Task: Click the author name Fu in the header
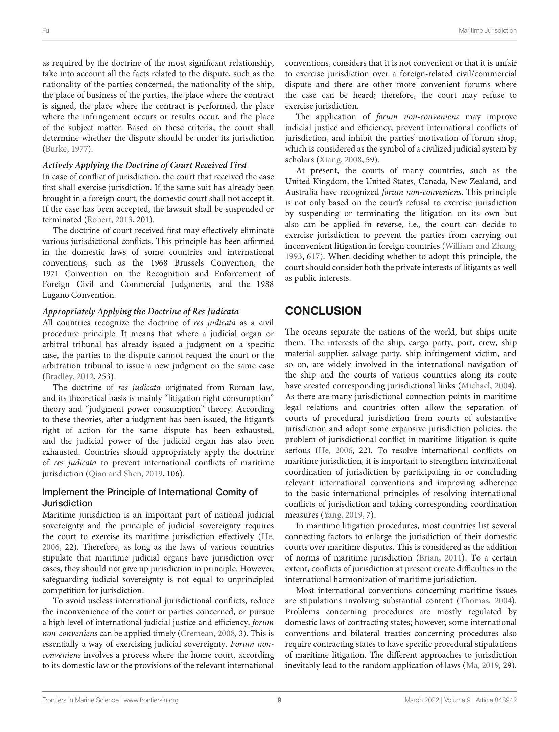pyautogui.click(x=45, y=31)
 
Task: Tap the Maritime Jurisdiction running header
pyautogui.click(x=487, y=31)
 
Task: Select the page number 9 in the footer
pyautogui.click(x=279, y=700)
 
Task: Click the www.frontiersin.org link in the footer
pyautogui.click(x=151, y=700)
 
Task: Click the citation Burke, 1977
pyautogui.click(x=66, y=149)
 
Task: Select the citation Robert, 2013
pyautogui.click(x=110, y=220)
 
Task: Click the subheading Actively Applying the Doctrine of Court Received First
pyautogui.click(x=144, y=165)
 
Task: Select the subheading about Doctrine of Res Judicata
pyautogui.click(x=140, y=311)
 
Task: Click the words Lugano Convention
pyautogui.click(x=79, y=295)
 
